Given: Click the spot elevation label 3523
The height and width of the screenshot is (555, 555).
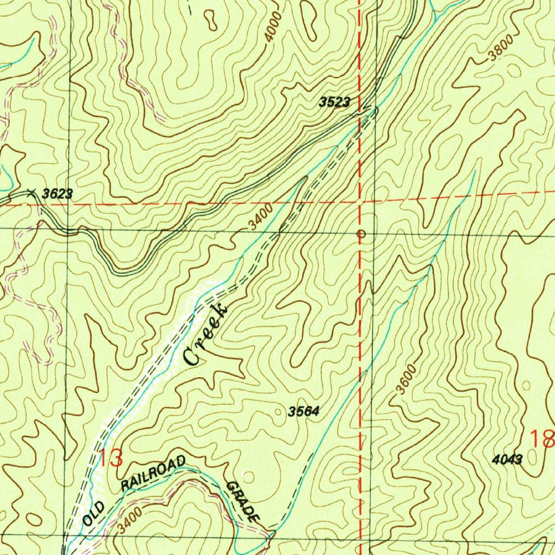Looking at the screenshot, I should click(334, 102).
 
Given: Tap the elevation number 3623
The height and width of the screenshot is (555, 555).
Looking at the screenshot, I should click(57, 194).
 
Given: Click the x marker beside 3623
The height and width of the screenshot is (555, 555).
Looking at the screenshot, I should click(31, 191).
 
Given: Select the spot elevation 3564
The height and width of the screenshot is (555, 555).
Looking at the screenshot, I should click(304, 411).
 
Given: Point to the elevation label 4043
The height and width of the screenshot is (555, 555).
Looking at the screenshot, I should click(507, 460).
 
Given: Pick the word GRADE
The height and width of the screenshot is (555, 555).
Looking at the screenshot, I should click(243, 501).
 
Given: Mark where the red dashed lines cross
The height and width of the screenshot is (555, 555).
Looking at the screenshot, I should click(359, 202).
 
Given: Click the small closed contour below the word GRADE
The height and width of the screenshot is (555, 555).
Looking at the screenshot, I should click(248, 476).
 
